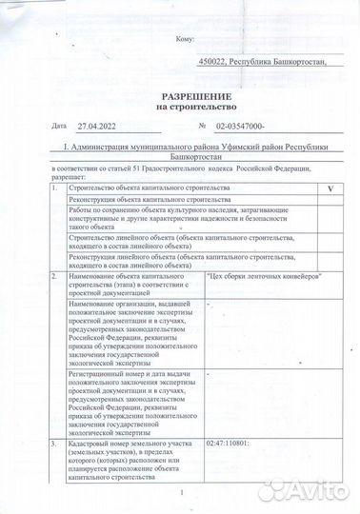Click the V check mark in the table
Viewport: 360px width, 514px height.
330,190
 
